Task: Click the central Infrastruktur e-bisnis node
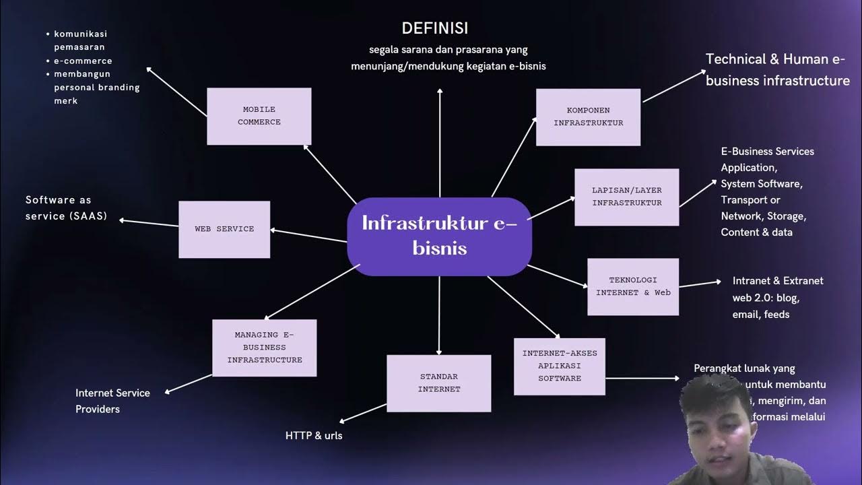439,235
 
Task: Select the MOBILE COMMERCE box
259,116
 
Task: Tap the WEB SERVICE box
224,229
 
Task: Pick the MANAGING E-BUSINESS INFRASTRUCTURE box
264,347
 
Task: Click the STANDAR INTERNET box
438,383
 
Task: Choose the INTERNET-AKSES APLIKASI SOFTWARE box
559,366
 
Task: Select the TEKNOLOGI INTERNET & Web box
633,286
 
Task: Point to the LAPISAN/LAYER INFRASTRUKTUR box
626,197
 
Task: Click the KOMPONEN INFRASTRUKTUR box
588,117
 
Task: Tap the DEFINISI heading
434,28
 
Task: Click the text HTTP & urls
314,436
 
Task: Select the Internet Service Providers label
112,401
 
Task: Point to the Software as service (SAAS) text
66,208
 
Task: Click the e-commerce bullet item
83,61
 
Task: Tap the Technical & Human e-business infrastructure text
777,70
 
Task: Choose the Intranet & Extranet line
778,281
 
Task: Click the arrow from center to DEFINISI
440,141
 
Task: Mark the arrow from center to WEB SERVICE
308,236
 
